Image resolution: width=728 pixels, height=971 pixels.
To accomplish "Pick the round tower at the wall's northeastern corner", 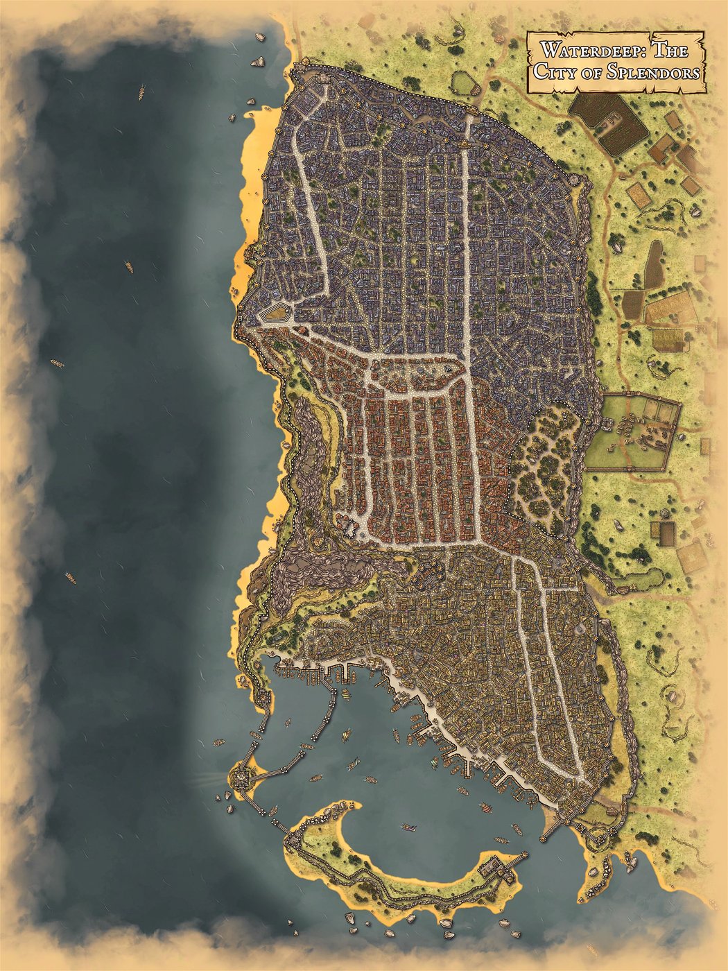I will tap(575, 179).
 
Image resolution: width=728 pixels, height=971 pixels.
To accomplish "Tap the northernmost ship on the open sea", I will tap(141, 91).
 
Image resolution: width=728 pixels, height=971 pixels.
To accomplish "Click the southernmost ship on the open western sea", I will tap(70, 576).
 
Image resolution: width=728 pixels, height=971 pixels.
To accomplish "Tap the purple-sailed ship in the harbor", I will tap(408, 827).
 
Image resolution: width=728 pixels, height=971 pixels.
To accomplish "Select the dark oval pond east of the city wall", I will tap(654, 263).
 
